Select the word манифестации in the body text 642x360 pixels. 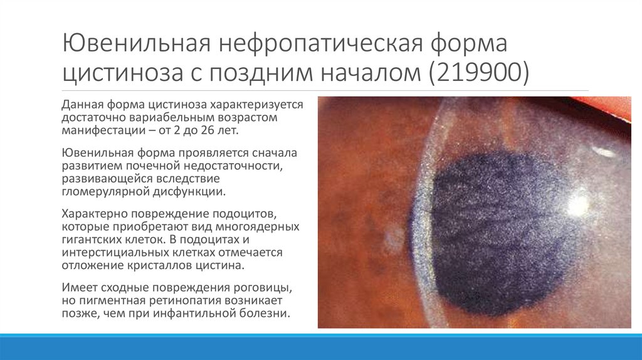tap(98, 130)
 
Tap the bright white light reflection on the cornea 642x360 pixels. tap(577, 204)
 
